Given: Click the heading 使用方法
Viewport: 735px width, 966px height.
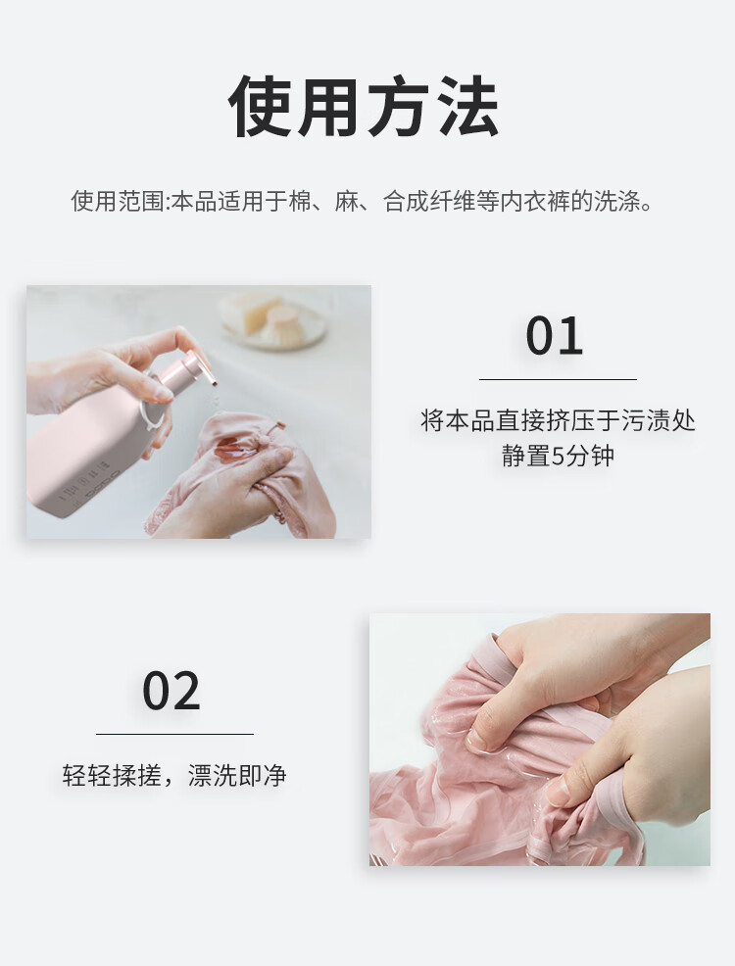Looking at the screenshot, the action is [364, 107].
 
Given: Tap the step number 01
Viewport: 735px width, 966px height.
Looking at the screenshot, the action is [554, 336].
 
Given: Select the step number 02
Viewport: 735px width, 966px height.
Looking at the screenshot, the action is [171, 691].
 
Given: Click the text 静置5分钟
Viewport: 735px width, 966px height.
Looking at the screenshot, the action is [559, 457].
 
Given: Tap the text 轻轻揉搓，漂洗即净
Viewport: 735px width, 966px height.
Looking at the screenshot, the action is [174, 776].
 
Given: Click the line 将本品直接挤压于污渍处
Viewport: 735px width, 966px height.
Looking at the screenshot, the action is [558, 420].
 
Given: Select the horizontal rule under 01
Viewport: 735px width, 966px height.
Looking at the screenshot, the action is [558, 379].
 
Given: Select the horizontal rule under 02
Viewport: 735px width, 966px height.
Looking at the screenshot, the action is [174, 734].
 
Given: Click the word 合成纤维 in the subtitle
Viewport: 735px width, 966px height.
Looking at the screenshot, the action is [429, 202].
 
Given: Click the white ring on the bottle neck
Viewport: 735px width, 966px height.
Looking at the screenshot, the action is [151, 411].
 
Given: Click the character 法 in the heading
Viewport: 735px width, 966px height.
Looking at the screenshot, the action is [468, 107].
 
